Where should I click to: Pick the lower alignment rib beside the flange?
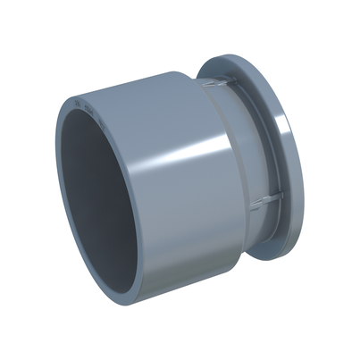tap(269, 202)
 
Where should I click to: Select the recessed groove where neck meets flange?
tap(268, 143)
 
